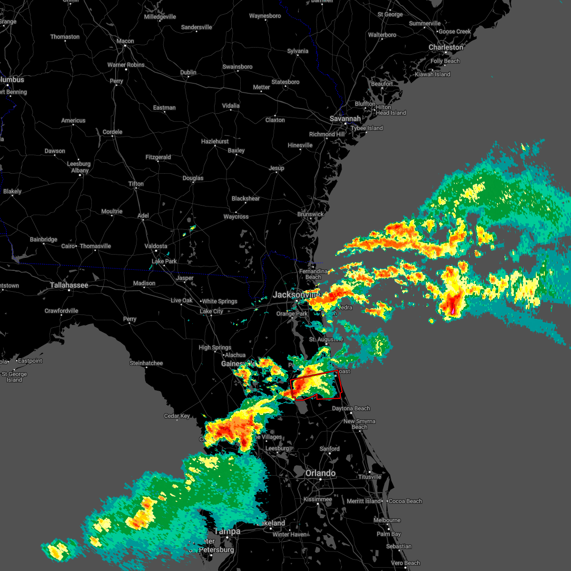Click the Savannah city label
click(x=345, y=118)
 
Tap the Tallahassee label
click(x=69, y=285)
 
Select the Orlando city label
click(x=320, y=473)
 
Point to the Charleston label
click(x=445, y=47)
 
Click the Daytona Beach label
click(x=351, y=408)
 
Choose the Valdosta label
click(x=156, y=246)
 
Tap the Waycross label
click(x=236, y=217)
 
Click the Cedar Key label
click(x=177, y=416)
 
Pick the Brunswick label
click(x=310, y=214)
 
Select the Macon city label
click(x=125, y=41)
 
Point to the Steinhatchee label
click(x=146, y=363)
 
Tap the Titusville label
click(x=370, y=477)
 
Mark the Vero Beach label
click(x=405, y=563)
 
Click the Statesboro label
click(x=285, y=82)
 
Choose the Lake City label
click(x=211, y=311)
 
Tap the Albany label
click(x=80, y=170)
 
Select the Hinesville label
click(x=300, y=145)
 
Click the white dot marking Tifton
click(x=136, y=189)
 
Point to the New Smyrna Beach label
click(x=359, y=424)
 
